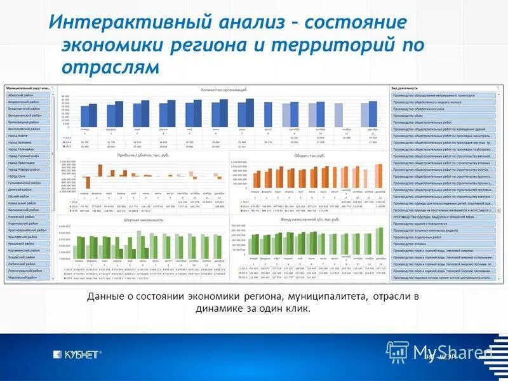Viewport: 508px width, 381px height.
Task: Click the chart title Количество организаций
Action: (x=223, y=90)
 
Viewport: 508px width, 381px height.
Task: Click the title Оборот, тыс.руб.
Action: (x=309, y=155)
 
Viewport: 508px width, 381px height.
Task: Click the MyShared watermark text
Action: (x=452, y=352)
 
